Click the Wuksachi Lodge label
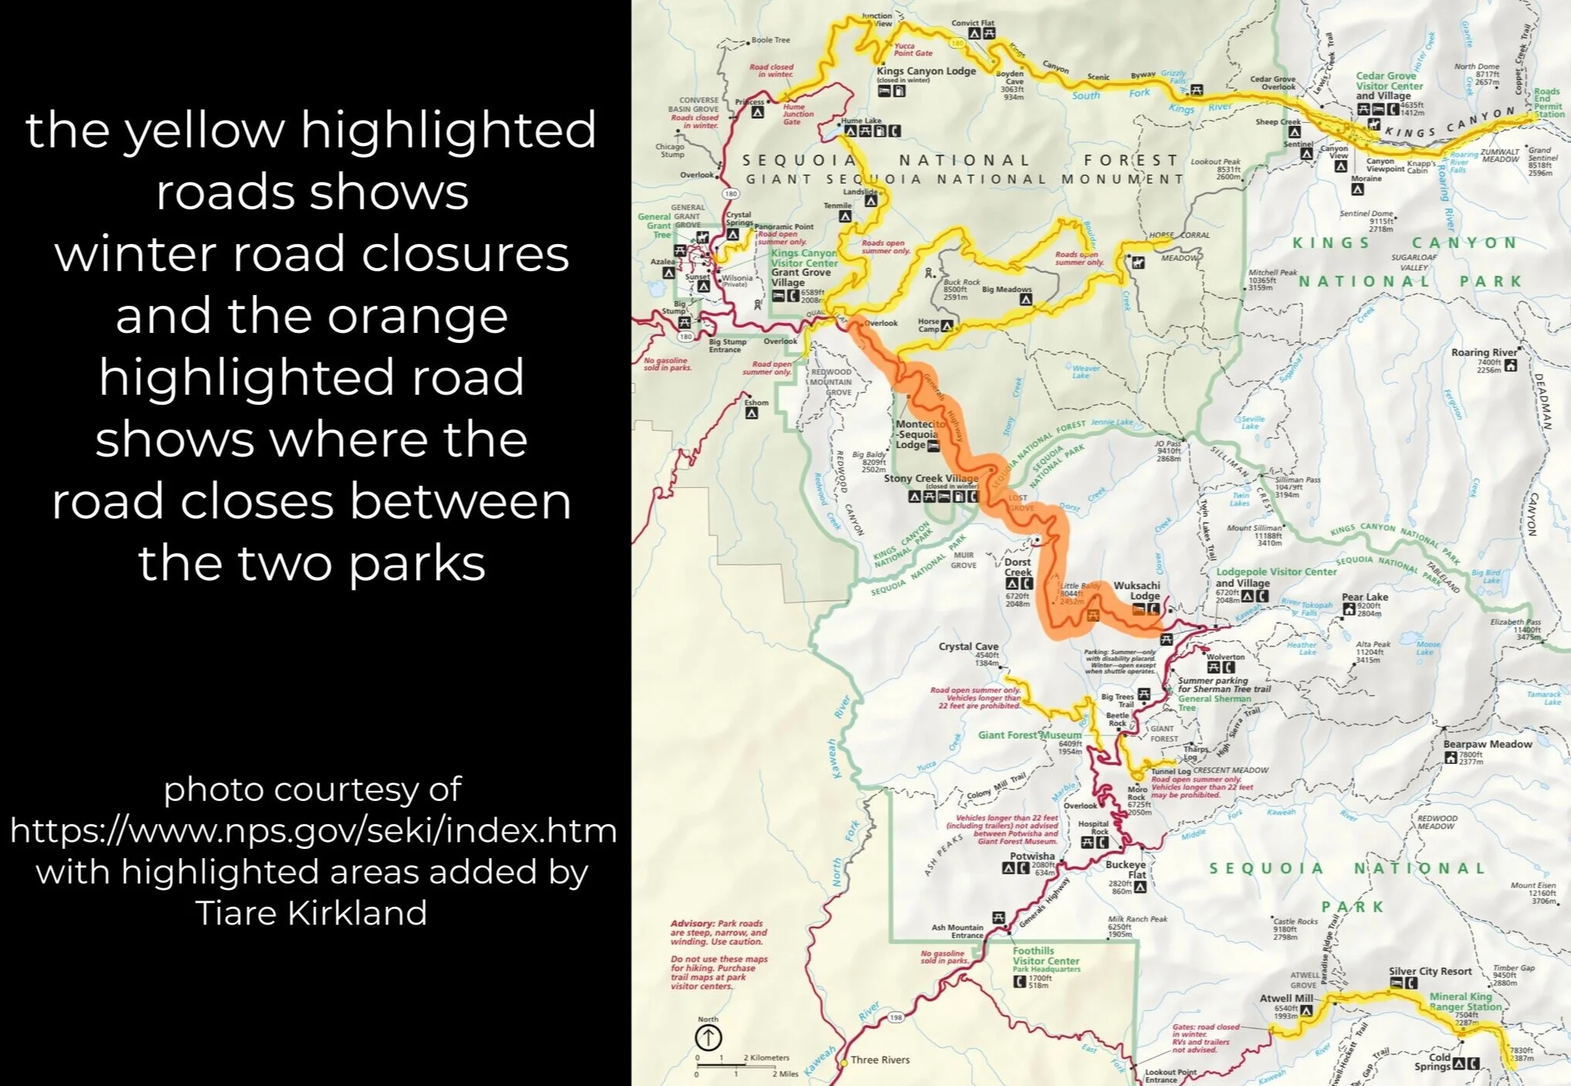click(x=1136, y=591)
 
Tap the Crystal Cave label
click(x=968, y=647)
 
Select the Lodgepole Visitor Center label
click(x=1275, y=572)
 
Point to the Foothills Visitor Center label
click(x=1045, y=956)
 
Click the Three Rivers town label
click(x=880, y=1060)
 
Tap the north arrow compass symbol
click(x=709, y=1037)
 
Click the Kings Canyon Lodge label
click(x=926, y=71)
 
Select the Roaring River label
click(x=1484, y=352)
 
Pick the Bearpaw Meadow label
click(x=1487, y=744)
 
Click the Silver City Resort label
click(x=1430, y=971)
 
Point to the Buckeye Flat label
click(x=1126, y=870)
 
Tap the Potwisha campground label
click(x=1032, y=856)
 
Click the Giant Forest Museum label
click(x=1030, y=735)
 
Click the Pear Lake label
click(x=1364, y=597)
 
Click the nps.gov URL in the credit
click(x=313, y=830)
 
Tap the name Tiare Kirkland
click(x=311, y=912)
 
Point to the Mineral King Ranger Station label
click(x=1464, y=1001)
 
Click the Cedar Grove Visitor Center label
click(x=1390, y=81)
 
